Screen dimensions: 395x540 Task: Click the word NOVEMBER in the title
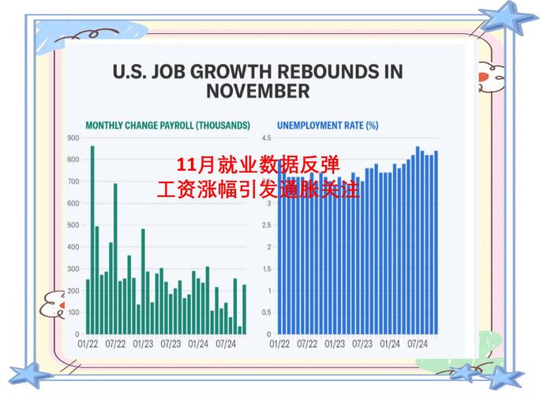point(257,91)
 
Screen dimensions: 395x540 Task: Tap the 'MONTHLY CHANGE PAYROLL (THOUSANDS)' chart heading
point(167,125)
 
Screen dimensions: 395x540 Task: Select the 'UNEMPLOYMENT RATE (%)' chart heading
point(328,125)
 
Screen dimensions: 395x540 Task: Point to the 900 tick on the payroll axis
point(73,138)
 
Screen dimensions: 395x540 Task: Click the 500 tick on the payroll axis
point(73,225)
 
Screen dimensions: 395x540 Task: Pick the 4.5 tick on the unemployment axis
point(266,138)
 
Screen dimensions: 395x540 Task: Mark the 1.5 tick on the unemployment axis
point(266,269)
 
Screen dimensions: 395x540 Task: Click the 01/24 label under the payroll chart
point(197,344)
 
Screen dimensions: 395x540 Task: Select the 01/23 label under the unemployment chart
point(334,344)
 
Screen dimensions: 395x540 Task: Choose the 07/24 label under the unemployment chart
point(417,344)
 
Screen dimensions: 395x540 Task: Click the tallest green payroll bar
point(92,237)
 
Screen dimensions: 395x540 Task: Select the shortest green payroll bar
point(239,329)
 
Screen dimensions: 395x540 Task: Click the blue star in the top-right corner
point(507,17)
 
